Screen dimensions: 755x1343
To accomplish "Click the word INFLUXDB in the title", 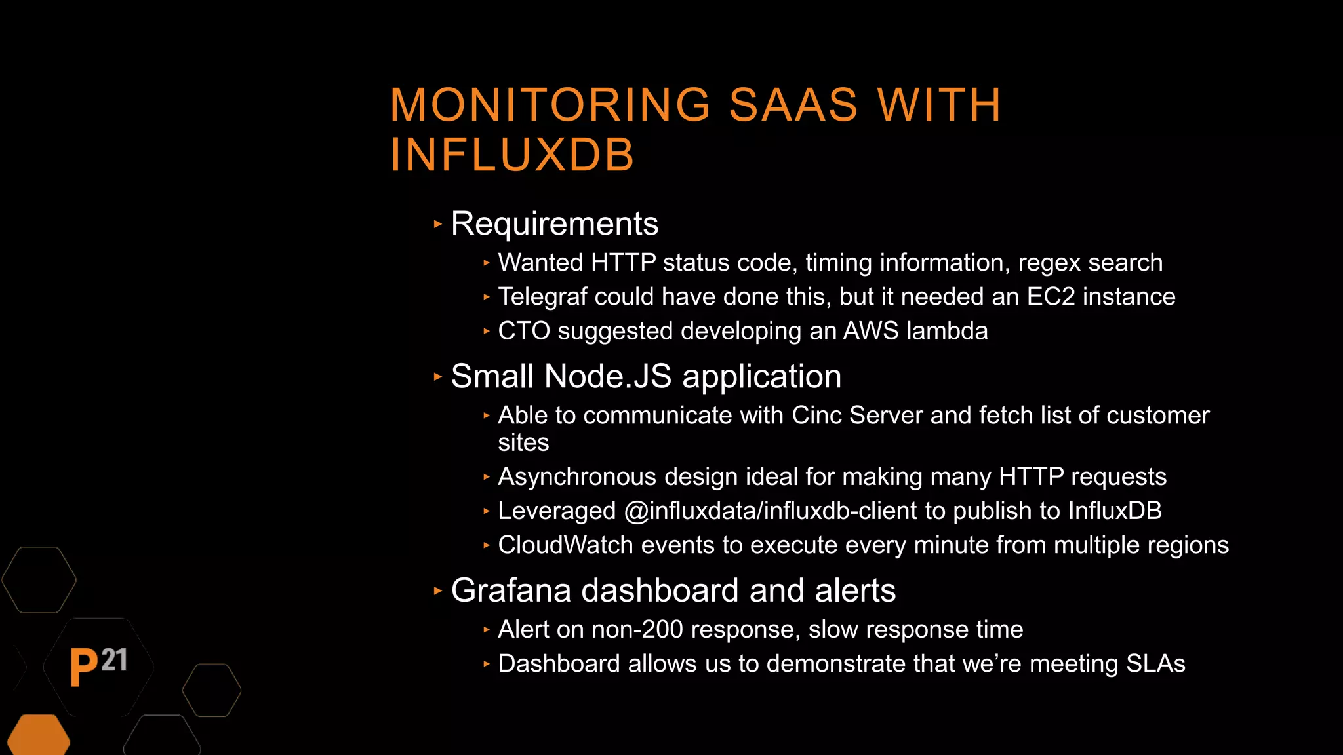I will pos(512,155).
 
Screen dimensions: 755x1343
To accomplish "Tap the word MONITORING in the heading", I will pos(550,105).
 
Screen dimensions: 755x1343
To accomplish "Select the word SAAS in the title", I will pos(793,105).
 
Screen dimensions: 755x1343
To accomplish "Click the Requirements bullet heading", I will pos(554,224).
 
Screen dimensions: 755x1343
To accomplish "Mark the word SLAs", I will pos(1155,664).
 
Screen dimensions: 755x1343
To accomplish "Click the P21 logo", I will pos(98,666).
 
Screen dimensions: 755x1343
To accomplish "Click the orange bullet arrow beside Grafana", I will pos(438,590).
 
